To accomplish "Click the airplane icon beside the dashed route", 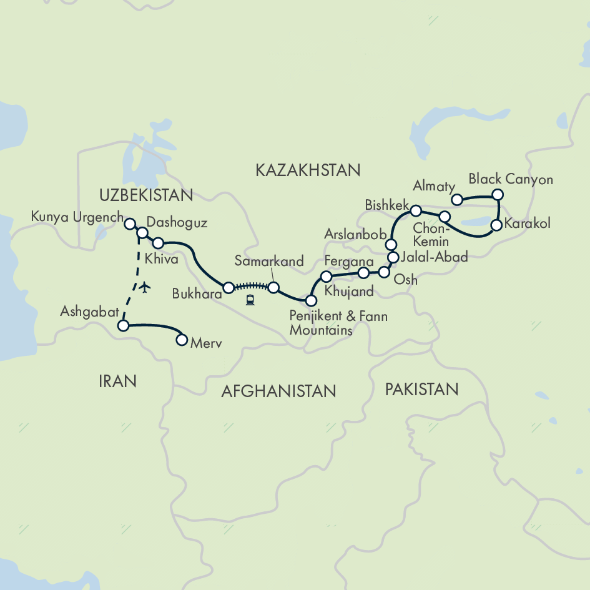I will [x=145, y=287].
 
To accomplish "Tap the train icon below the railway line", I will [x=250, y=300].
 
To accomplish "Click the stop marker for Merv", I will [x=182, y=340].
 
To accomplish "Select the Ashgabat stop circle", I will [x=123, y=325].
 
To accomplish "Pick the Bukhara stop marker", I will [x=229, y=288].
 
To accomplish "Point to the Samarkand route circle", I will [x=273, y=287].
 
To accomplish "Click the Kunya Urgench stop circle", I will [x=130, y=223].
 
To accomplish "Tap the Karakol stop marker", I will [x=496, y=225].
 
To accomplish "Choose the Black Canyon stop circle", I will [x=498, y=195].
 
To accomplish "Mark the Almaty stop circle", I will [x=457, y=200].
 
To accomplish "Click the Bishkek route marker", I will [x=416, y=210].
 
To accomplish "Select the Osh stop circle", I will [x=384, y=272].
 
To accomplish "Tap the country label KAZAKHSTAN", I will [x=308, y=170].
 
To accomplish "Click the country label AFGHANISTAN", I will [x=278, y=391].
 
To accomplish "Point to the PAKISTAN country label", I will [x=421, y=390].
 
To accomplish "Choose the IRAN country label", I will [x=117, y=381].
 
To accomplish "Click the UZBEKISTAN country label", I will [x=145, y=195].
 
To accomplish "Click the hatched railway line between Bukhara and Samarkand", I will [x=250, y=288].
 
